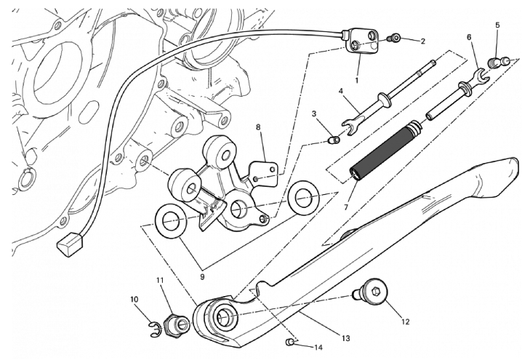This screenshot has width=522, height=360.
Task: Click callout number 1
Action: pos(358,79)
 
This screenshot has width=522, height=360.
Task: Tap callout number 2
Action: pos(422,41)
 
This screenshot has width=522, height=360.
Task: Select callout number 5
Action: pos(497,26)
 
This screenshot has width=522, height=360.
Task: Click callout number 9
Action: pos(201,276)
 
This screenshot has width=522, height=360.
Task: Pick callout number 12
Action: pos(406,321)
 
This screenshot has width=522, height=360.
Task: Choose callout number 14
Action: pos(317,348)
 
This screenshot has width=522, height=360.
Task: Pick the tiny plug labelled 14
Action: pos(290,341)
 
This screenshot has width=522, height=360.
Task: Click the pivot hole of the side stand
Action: pos(224,315)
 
